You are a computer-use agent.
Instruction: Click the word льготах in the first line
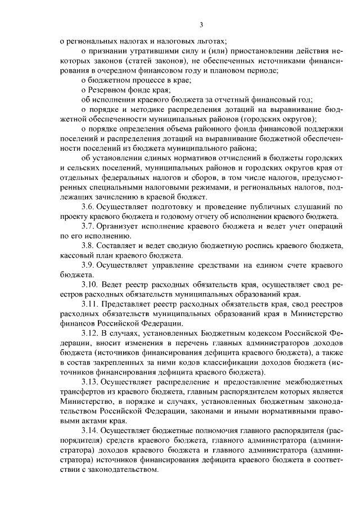(210, 41)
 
